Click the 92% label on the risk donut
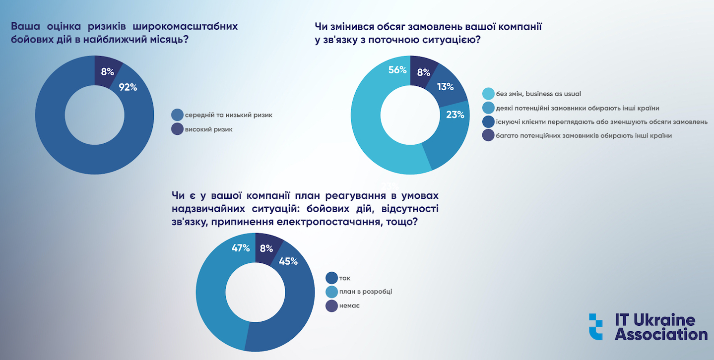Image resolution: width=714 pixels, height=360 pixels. click(x=128, y=87)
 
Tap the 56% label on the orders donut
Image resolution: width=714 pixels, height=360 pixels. click(x=397, y=70)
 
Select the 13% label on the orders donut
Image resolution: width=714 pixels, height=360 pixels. click(x=445, y=87)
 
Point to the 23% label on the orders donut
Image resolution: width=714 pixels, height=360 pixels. click(x=454, y=115)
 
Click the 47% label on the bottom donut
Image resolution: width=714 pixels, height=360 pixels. click(x=241, y=248)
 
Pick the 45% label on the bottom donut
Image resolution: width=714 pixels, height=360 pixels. click(x=288, y=261)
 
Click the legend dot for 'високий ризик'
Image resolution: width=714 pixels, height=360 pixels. click(x=177, y=129)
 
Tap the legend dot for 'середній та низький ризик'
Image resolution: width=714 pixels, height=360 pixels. click(x=177, y=115)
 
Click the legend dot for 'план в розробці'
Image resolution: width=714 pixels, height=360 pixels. click(x=332, y=292)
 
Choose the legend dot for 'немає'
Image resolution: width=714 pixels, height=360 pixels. click(x=332, y=306)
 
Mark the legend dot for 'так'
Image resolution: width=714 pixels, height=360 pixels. click(x=332, y=278)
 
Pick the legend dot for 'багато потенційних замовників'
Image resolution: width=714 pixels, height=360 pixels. click(x=488, y=135)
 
